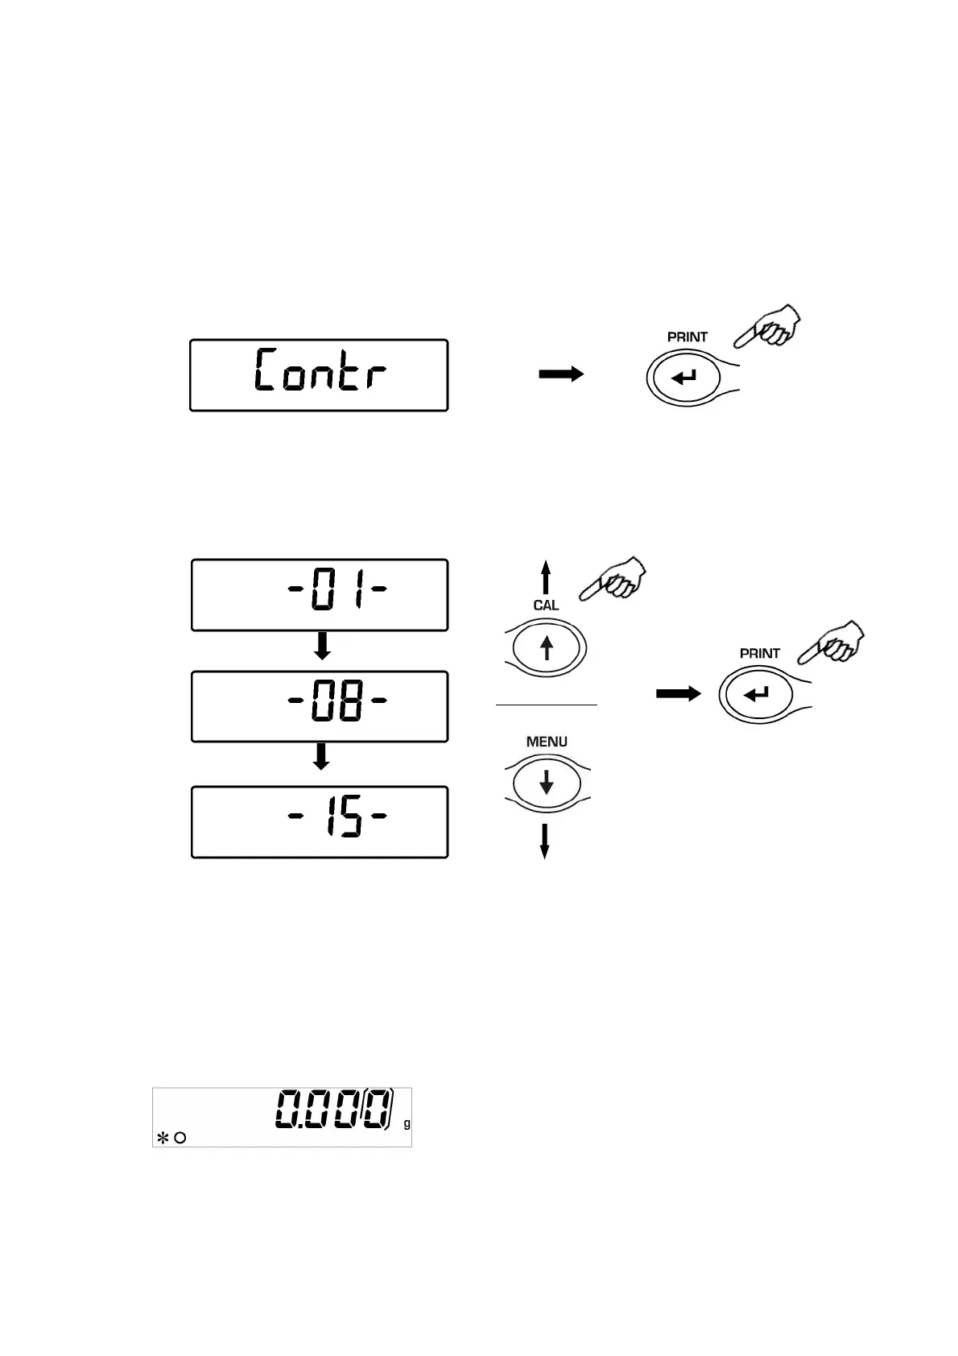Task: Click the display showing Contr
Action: coord(319,375)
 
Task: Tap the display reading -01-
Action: coord(319,594)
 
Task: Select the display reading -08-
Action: coord(319,705)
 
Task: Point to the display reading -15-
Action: coord(319,821)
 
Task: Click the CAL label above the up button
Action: coord(546,606)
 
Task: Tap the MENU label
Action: coord(547,742)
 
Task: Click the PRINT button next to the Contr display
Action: coord(683,377)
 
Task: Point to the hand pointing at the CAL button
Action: coord(615,579)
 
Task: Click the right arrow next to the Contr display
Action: coord(561,374)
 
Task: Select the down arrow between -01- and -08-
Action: coord(321,646)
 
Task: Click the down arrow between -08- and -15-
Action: coord(321,758)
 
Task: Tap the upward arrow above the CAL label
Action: coord(546,577)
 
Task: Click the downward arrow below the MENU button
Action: coord(545,841)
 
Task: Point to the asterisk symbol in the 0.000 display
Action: coord(162,1138)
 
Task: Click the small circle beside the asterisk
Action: coord(180,1138)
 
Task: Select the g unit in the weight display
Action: coord(407,1124)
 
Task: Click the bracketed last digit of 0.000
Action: coord(377,1109)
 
